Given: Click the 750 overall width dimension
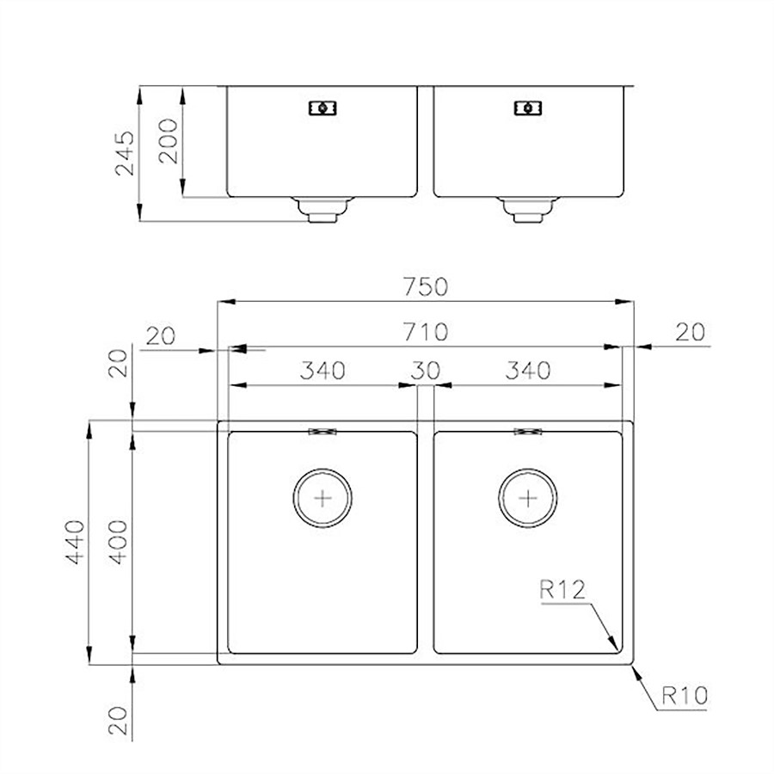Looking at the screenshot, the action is (425, 286).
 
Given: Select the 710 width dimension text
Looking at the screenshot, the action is (426, 332).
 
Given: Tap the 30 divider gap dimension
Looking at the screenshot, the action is (425, 370).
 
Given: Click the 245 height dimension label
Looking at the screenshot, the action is (125, 153).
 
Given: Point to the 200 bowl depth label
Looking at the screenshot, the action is (168, 141).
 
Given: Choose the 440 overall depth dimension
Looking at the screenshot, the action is (75, 542).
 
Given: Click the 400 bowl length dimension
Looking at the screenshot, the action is (119, 542).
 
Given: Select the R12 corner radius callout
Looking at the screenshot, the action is (562, 589).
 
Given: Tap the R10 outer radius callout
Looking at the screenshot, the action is (685, 696).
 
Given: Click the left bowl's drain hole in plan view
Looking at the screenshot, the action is (322, 498).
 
